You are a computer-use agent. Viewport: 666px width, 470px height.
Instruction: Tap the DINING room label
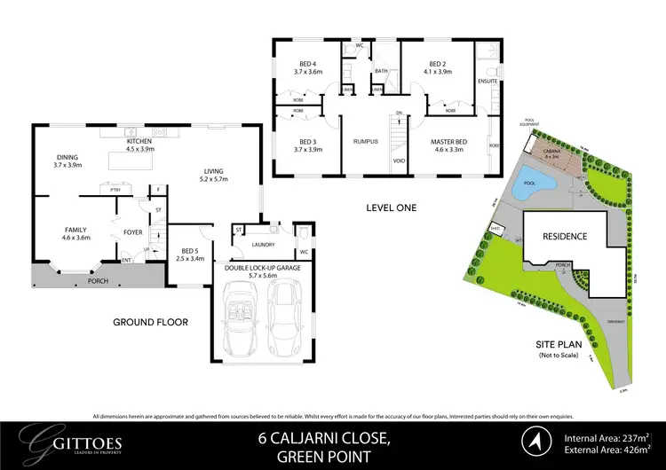pyautogui.click(x=67, y=160)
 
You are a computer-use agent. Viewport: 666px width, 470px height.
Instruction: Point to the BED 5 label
pyautogui.click(x=188, y=254)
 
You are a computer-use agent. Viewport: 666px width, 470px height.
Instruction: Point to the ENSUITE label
pyautogui.click(x=488, y=81)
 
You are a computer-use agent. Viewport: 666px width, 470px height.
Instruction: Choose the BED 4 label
pyautogui.click(x=306, y=65)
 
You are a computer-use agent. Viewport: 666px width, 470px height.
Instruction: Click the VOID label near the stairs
pyautogui.click(x=400, y=161)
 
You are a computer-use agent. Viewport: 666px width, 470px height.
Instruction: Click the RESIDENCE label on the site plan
pyautogui.click(x=565, y=237)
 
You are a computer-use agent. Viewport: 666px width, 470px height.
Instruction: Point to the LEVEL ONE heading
pyautogui.click(x=391, y=208)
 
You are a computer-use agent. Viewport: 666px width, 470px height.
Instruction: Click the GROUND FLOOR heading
pyautogui.click(x=150, y=323)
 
